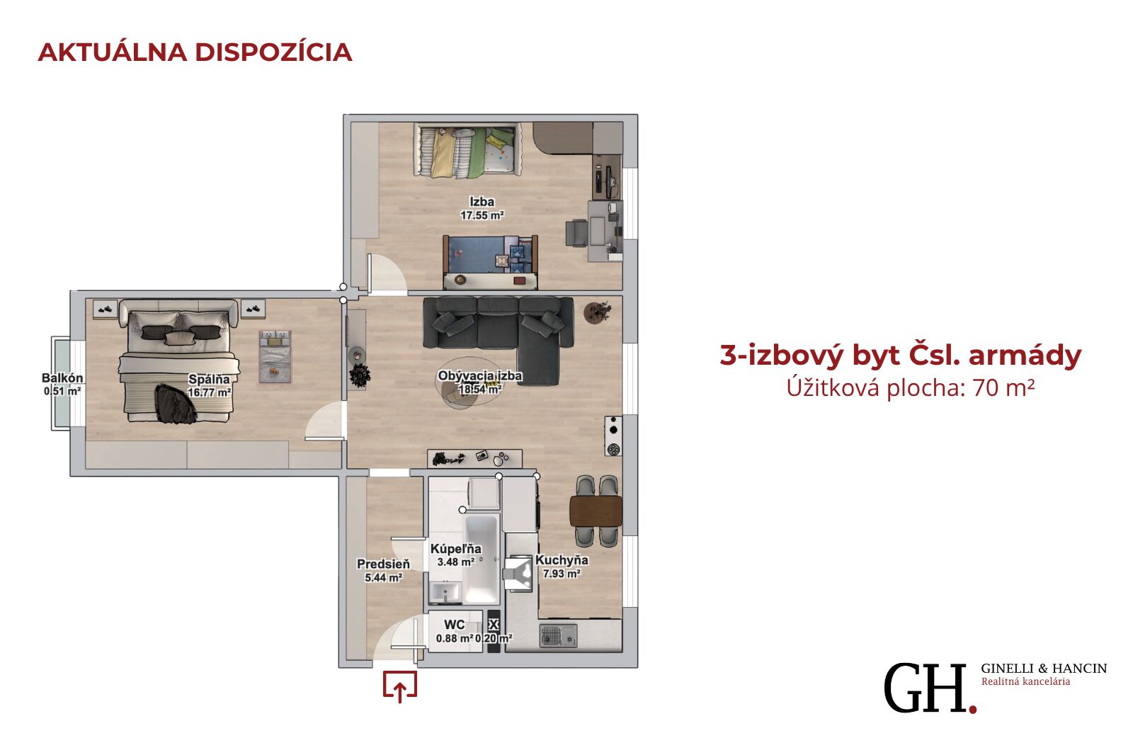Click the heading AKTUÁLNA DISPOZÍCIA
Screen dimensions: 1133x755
point(195,52)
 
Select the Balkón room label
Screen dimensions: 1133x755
point(62,378)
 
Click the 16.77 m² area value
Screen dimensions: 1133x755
point(210,392)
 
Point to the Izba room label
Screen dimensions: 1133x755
point(482,202)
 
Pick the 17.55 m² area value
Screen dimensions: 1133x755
point(482,215)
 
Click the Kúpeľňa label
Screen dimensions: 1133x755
point(456,549)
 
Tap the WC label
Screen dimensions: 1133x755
point(454,625)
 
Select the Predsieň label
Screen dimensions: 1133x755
point(383,564)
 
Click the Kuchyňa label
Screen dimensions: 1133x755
point(562,560)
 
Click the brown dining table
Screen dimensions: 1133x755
point(596,511)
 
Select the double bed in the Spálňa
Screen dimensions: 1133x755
point(178,361)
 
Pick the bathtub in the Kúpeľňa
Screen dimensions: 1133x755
point(482,559)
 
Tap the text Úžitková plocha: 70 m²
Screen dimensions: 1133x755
point(911,388)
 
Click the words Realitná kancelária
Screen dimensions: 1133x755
point(1026,682)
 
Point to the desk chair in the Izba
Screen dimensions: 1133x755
point(576,233)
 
